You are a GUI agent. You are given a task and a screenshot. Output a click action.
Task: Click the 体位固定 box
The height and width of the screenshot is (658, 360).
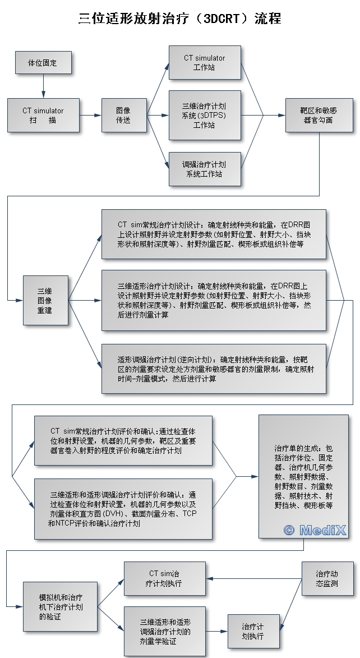tap(43, 62)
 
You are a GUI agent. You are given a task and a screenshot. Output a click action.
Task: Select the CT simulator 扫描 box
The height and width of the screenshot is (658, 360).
tap(43, 116)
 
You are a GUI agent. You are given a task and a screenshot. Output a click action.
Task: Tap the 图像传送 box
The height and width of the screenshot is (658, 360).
tap(123, 116)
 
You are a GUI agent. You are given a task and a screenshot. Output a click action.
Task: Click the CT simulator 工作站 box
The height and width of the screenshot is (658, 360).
tap(204, 62)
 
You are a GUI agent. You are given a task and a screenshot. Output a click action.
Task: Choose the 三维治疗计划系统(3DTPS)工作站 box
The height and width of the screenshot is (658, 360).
tap(204, 115)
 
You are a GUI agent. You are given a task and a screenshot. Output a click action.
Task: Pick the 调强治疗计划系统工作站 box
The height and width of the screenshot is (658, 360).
tap(204, 169)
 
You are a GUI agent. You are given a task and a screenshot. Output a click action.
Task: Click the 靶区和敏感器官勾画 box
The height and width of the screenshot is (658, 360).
tap(319, 116)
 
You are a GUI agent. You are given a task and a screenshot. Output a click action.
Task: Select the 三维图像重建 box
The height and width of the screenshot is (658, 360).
tap(45, 300)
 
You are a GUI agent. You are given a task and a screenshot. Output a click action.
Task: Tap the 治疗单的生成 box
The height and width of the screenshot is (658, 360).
tap(304, 476)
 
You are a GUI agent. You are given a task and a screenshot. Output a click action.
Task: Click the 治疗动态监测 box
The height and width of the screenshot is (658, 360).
tap(327, 579)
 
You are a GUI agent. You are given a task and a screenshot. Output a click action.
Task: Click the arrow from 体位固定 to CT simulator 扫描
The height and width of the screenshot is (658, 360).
tap(43, 86)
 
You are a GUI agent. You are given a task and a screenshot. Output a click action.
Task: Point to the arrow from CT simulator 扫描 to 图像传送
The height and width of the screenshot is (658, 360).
tap(89, 116)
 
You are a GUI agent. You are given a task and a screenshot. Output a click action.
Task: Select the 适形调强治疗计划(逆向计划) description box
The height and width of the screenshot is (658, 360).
tap(213, 369)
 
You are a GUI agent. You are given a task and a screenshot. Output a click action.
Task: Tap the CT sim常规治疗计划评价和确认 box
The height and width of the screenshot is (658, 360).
tap(123, 440)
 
